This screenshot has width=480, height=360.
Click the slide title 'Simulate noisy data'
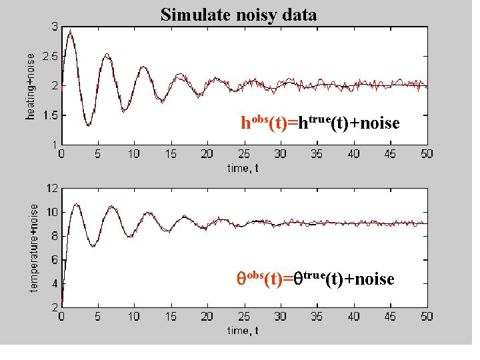(239, 14)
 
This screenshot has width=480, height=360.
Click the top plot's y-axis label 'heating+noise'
(31, 86)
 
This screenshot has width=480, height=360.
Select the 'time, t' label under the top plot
(243, 167)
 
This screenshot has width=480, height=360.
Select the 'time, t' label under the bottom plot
(243, 330)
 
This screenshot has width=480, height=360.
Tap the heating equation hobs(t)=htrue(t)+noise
(320, 123)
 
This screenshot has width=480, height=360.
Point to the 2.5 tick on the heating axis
(49, 57)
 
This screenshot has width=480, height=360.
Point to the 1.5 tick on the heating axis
(49, 115)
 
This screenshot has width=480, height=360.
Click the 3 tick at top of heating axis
(53, 27)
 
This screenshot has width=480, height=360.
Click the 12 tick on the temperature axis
(51, 188)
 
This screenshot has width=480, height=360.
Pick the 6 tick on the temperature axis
(53, 260)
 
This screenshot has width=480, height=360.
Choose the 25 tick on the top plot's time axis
(244, 154)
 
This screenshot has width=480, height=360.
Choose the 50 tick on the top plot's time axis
(427, 154)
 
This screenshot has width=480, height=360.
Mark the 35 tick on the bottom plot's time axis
(317, 317)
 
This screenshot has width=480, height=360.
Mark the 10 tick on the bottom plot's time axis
(134, 317)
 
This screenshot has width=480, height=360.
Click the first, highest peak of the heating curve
(71, 30)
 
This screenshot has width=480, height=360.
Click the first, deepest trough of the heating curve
(88, 125)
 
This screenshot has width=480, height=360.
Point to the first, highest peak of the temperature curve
(77, 204)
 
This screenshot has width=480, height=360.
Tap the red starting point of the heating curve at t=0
(61, 87)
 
